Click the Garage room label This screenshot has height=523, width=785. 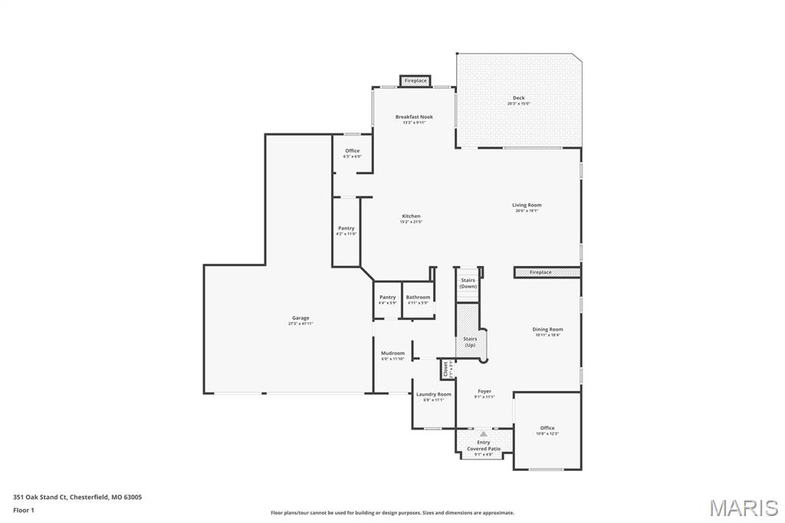tap(301, 318)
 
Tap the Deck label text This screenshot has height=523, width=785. tap(519, 98)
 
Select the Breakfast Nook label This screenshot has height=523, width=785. tap(414, 117)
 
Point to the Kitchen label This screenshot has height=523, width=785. tap(411, 216)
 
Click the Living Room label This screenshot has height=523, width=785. tap(527, 205)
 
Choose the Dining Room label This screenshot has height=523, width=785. tap(547, 330)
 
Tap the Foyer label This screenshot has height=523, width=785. tap(484, 391)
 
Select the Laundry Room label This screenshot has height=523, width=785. tap(434, 394)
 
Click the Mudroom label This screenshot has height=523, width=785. tap(392, 354)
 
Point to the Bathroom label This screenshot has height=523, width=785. tap(418, 298)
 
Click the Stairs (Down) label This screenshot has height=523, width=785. tap(468, 283)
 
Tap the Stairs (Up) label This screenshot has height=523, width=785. tap(470, 341)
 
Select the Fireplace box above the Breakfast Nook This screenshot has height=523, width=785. tap(415, 81)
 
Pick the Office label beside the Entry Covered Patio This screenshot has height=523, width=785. tap(547, 429)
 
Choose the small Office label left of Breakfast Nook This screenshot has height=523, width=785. tap(352, 151)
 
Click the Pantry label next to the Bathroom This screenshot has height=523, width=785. tap(387, 298)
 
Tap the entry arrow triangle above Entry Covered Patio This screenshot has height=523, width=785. tap(484, 434)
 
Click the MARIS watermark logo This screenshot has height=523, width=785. tap(744, 508)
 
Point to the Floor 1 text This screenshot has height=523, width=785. tap(24, 510)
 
